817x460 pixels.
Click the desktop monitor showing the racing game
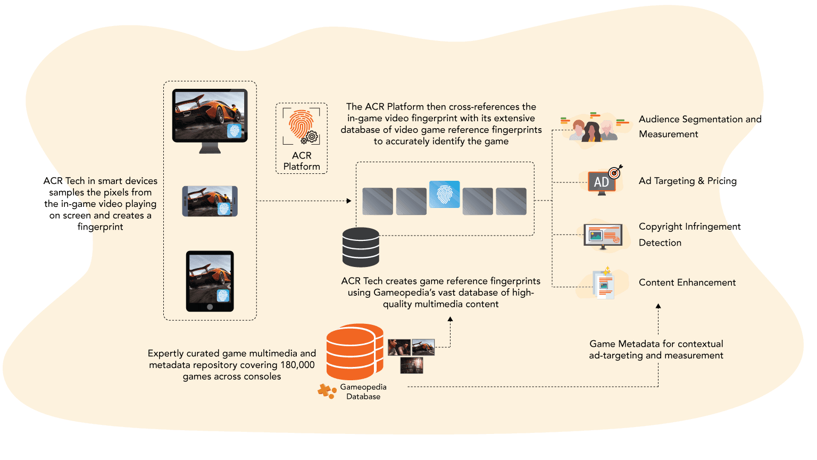[x=210, y=120]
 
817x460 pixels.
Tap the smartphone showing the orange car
[x=210, y=201]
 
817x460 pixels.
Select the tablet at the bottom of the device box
[x=210, y=281]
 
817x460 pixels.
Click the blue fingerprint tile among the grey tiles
[x=444, y=195]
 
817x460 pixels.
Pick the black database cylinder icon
[x=361, y=247]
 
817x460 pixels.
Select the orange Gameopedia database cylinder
[x=355, y=352]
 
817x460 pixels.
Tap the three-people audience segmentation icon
[x=594, y=130]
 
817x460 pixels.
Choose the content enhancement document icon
[x=604, y=283]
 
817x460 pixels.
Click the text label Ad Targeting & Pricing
[x=688, y=181]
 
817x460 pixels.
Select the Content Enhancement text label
[x=687, y=282]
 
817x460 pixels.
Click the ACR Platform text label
[x=302, y=161]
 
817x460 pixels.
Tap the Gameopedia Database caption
[x=363, y=391]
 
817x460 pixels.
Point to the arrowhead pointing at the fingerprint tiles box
[x=349, y=200]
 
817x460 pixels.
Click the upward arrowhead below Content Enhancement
[x=658, y=306]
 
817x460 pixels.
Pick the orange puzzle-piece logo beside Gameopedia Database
[x=327, y=391]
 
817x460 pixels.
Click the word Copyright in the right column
[x=661, y=227]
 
